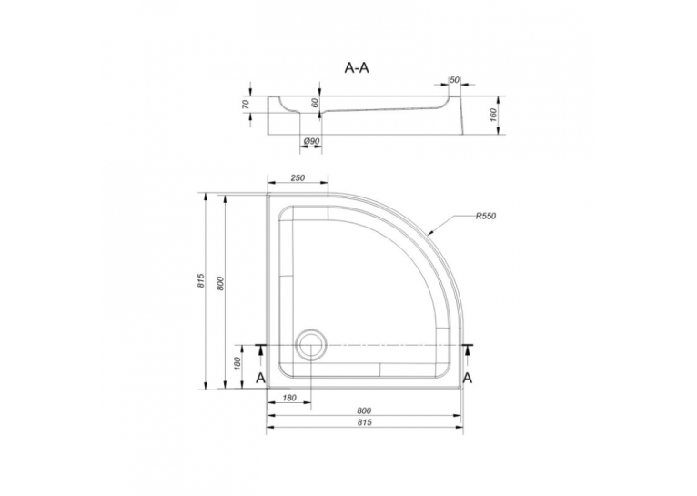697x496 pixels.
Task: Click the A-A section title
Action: (x=358, y=67)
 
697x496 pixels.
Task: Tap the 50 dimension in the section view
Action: (x=454, y=80)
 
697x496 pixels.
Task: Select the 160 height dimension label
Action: (x=493, y=115)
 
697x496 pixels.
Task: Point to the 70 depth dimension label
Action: (x=247, y=105)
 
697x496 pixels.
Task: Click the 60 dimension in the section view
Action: (x=315, y=103)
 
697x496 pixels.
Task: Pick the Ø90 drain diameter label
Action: (x=311, y=141)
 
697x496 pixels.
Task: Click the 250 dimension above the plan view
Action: (x=298, y=177)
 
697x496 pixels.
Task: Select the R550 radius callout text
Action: (x=485, y=217)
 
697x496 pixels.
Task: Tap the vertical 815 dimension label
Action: (x=201, y=281)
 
